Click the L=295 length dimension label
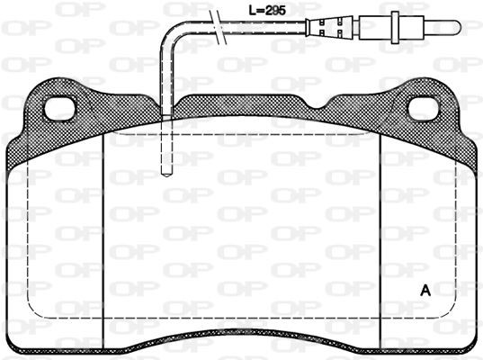pyautogui.click(x=267, y=11)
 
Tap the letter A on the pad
pyautogui.click(x=425, y=291)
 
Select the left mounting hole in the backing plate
pyautogui.click(x=59, y=109)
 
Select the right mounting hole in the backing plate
pyautogui.click(x=424, y=109)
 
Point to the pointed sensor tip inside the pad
pyautogui.click(x=166, y=174)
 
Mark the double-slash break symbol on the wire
pyautogui.click(x=218, y=27)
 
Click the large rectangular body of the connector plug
pyautogui.click(x=375, y=27)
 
